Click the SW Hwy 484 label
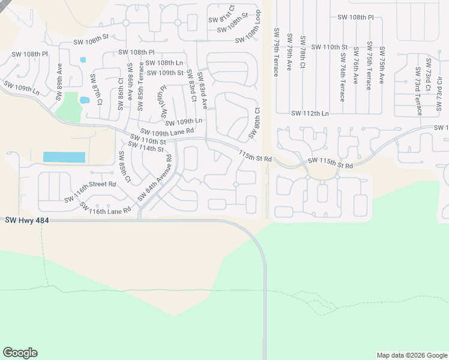click(x=26, y=221)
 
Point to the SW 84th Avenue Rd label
click(x=154, y=178)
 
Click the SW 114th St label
click(x=146, y=148)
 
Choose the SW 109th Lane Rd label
click(x=167, y=131)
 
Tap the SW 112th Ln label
click(x=310, y=113)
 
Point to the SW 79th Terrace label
click(x=276, y=52)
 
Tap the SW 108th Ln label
click(x=164, y=62)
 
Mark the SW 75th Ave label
click(x=381, y=62)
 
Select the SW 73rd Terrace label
click(x=418, y=91)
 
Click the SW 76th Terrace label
click(x=342, y=76)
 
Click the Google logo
click(x=20, y=353)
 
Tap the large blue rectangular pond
click(x=64, y=157)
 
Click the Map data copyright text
click(x=411, y=355)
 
